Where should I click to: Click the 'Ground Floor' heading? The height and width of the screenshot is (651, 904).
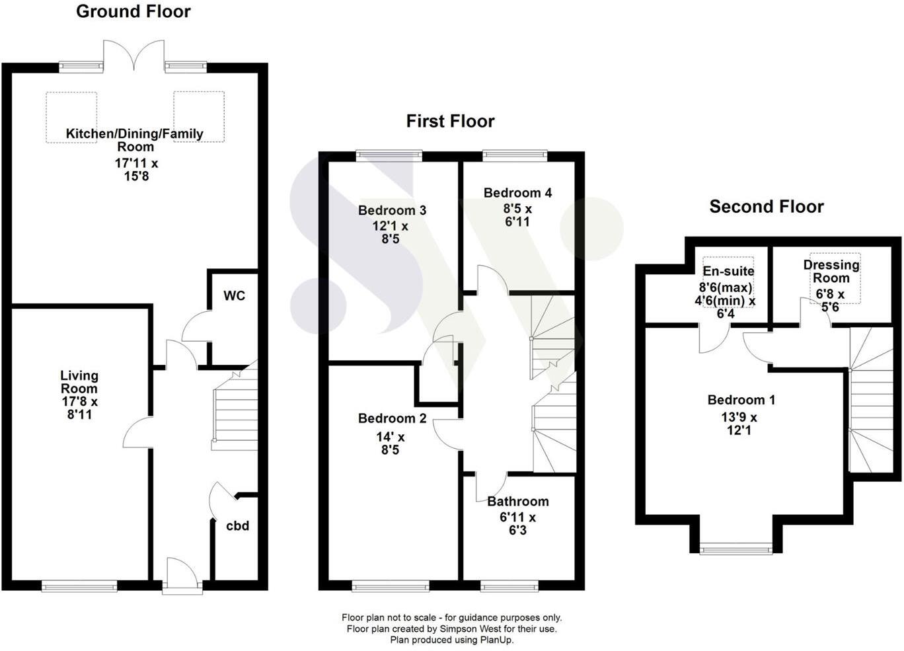(x=133, y=11)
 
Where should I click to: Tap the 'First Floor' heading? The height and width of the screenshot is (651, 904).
(x=450, y=121)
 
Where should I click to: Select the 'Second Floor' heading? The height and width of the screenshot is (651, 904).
(x=766, y=206)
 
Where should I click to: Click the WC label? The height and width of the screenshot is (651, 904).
(x=234, y=295)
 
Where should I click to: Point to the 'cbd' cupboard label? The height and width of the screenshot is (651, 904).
(x=237, y=525)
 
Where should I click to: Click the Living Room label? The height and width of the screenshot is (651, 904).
(x=79, y=381)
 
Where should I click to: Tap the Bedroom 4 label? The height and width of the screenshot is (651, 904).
(x=517, y=193)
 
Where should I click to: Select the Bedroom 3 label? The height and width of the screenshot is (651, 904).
(x=392, y=210)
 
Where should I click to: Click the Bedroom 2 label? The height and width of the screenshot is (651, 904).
(x=392, y=418)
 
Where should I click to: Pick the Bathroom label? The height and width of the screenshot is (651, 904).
(x=517, y=502)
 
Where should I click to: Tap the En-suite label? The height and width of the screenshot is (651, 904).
(x=728, y=271)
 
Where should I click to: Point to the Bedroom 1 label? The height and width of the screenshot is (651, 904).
(x=741, y=400)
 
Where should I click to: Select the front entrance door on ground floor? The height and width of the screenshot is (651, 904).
(x=181, y=574)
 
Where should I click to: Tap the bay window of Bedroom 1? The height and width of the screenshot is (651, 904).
(x=735, y=548)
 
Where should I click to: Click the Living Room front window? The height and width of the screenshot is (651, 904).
(x=79, y=585)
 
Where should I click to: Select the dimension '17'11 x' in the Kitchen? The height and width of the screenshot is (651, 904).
(x=136, y=163)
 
